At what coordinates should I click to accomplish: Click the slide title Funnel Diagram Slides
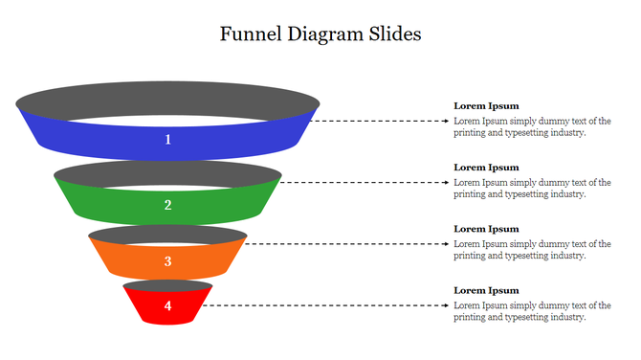coord(320,34)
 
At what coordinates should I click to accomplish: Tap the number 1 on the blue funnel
coord(167,140)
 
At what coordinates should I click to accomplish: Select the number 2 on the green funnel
coord(167,205)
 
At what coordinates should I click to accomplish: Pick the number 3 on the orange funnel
coord(167,261)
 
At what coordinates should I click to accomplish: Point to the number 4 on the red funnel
coord(167,306)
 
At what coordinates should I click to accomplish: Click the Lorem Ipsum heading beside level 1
coord(486,105)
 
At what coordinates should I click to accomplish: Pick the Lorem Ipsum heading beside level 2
coord(486,167)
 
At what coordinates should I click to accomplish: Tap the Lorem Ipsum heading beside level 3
coord(486,229)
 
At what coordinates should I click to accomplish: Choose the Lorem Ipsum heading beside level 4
coord(486,290)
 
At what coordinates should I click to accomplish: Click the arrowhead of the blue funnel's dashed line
coord(447,122)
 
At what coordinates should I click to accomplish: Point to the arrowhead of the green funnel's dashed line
coord(447,182)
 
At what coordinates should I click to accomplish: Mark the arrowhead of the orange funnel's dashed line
coord(447,243)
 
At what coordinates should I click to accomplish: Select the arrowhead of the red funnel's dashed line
coord(447,305)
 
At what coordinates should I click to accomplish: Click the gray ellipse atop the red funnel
coord(167,285)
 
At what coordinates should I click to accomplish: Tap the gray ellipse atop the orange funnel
coord(167,235)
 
